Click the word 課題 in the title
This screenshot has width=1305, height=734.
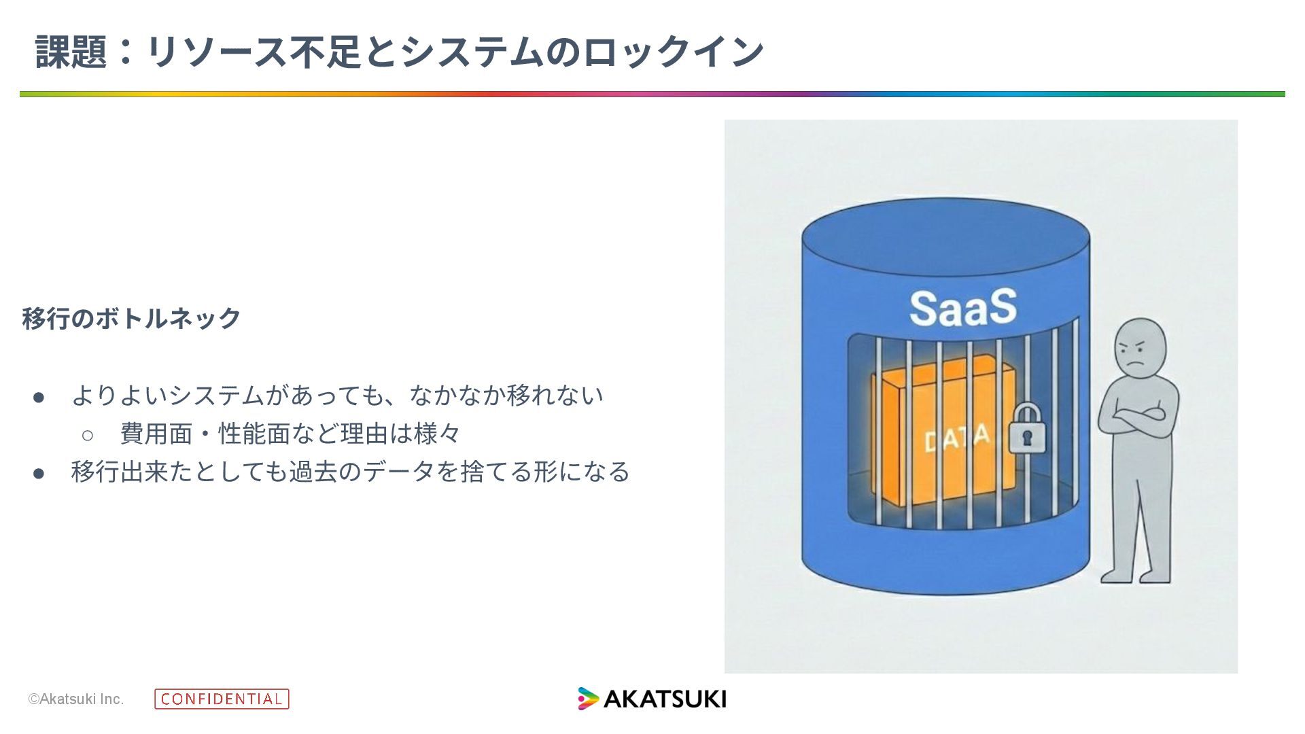(x=71, y=52)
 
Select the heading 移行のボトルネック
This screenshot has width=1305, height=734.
(x=132, y=318)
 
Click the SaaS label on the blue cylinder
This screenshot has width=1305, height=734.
(x=962, y=308)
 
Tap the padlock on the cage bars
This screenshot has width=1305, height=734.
(x=1026, y=430)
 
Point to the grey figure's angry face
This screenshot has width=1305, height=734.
(x=1139, y=351)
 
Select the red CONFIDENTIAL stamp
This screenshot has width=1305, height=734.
(x=222, y=699)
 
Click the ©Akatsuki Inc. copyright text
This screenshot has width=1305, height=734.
(x=76, y=699)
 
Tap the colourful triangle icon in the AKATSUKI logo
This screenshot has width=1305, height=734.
(x=588, y=699)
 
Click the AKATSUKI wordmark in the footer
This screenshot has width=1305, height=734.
(x=665, y=699)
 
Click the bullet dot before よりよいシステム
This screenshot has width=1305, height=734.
(x=39, y=397)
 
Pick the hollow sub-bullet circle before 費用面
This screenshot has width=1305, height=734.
(x=87, y=435)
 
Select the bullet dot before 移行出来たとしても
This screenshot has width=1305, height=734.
(x=39, y=473)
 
